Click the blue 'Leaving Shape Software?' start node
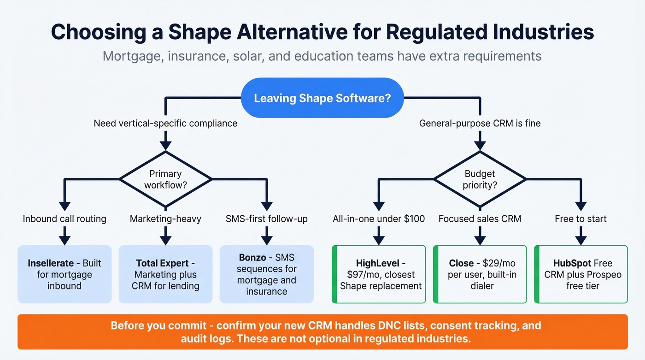point(322,98)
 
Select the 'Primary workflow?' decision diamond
point(165,179)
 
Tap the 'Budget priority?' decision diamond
point(480,179)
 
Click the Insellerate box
point(64,274)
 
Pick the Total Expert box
point(165,274)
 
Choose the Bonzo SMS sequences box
point(266,274)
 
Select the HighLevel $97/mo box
point(379,274)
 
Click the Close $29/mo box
point(480,274)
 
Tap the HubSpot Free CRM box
point(581,274)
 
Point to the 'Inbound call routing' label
point(64,218)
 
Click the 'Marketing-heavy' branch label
point(165,218)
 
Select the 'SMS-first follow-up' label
point(266,218)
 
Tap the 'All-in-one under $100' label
point(379,218)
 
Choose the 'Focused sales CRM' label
point(480,218)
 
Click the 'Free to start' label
point(581,218)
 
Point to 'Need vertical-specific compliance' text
point(165,123)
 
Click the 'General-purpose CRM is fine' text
point(480,123)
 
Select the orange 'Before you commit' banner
point(322,332)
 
